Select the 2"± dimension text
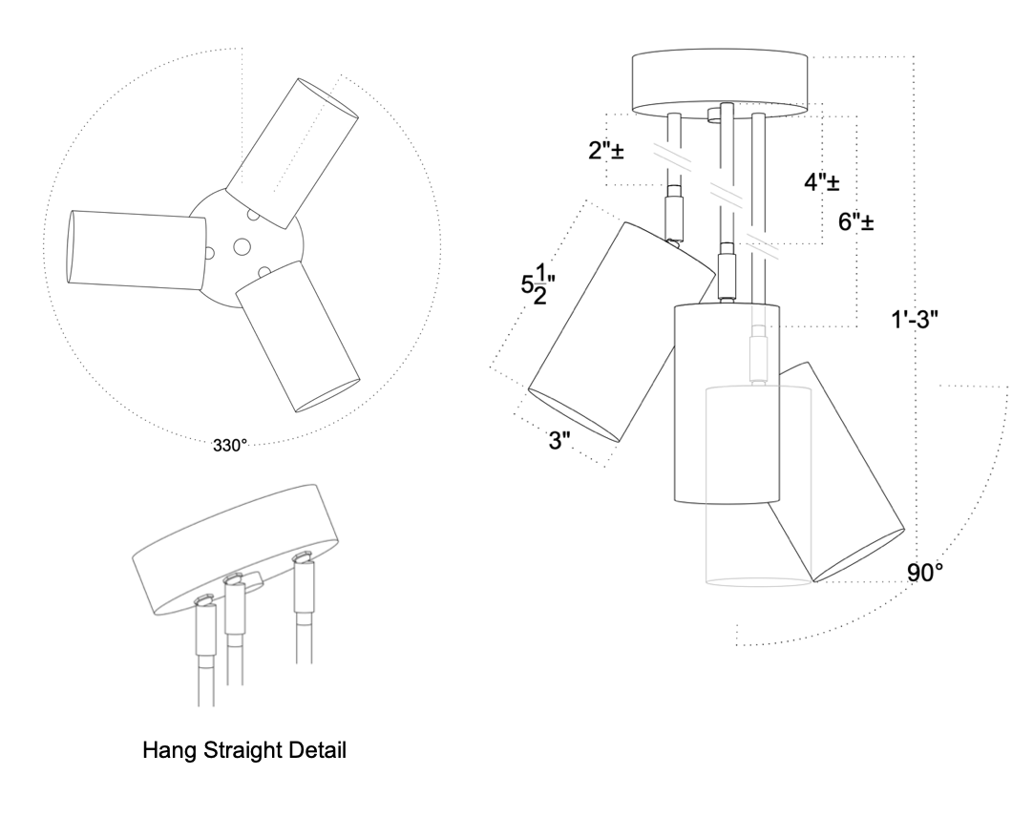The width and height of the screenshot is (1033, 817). click(605, 150)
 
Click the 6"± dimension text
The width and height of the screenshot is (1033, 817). click(856, 223)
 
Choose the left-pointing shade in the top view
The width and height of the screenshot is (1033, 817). click(134, 248)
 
